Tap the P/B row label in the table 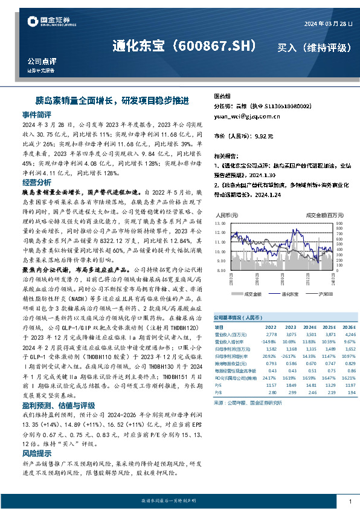pyautogui.click(x=218, y=392)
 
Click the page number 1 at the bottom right pyautogui.click(x=350, y=502)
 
